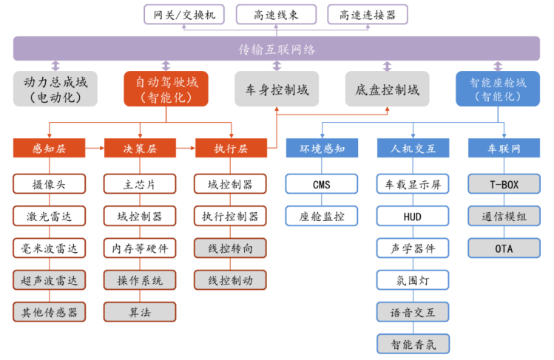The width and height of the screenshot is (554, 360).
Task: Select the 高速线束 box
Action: coord(277,14)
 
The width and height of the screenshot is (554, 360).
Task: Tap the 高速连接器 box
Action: coord(368,14)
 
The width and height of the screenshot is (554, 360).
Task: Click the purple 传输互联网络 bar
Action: coord(277,50)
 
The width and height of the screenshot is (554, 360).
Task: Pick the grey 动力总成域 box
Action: coord(55,89)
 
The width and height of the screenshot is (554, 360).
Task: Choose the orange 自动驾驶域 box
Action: coord(166,89)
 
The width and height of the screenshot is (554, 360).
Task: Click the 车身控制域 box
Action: coord(277,89)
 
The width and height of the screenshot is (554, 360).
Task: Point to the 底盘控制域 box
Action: coord(387,89)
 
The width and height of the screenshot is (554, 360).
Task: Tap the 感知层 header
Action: coord(50,149)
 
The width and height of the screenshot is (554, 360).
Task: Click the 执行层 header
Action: coord(232,149)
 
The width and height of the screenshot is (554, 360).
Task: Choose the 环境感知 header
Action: coord(322,149)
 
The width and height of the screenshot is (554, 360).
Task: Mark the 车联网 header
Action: coord(504,149)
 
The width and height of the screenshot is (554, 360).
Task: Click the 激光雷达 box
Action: coord(50,216)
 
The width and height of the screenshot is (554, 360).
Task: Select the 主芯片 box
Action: coord(140,184)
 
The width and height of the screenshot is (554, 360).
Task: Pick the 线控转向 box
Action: coord(231,248)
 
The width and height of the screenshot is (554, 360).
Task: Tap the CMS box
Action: coord(322,184)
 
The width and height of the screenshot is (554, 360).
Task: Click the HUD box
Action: coord(413,216)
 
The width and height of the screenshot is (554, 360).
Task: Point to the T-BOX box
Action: coord(504,184)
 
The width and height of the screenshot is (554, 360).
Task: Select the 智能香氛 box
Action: coord(413,343)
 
